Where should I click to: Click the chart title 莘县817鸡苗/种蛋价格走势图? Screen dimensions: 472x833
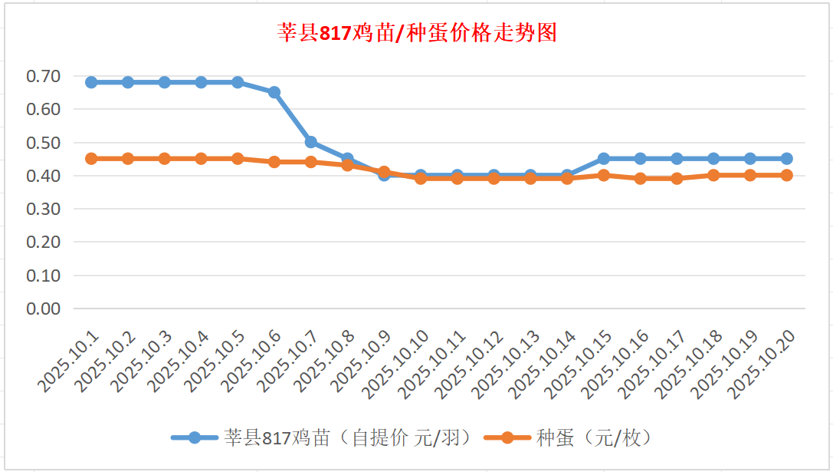(x=416, y=34)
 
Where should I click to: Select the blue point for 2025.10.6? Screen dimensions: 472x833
(x=274, y=92)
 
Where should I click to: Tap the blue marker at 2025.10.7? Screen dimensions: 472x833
(x=311, y=142)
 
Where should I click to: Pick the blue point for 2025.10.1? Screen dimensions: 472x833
(x=91, y=82)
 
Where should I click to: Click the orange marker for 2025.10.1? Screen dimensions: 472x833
(x=91, y=159)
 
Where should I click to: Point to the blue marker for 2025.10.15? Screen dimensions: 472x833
(x=604, y=159)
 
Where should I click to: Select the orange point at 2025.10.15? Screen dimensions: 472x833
(x=604, y=175)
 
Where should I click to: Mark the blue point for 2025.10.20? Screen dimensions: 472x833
(x=786, y=159)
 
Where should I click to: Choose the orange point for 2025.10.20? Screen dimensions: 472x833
(x=786, y=175)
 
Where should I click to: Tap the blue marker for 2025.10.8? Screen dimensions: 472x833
(x=347, y=159)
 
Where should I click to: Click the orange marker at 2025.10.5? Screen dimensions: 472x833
(x=238, y=159)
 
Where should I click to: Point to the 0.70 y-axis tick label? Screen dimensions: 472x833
(x=43, y=76)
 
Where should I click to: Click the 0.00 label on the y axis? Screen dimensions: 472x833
(x=43, y=309)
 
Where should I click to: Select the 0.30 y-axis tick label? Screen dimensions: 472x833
(x=43, y=209)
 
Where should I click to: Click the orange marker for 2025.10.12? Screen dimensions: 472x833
(x=494, y=178)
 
